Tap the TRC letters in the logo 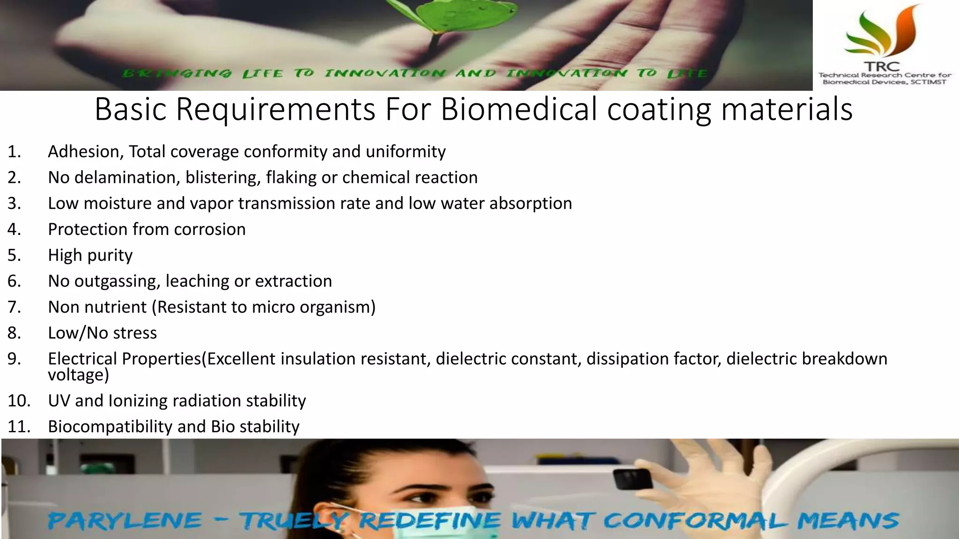(882, 66)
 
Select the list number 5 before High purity (14, 255)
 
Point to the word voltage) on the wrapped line (78, 375)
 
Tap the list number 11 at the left (19, 427)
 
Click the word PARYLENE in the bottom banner (125, 521)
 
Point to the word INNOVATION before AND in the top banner (385, 73)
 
